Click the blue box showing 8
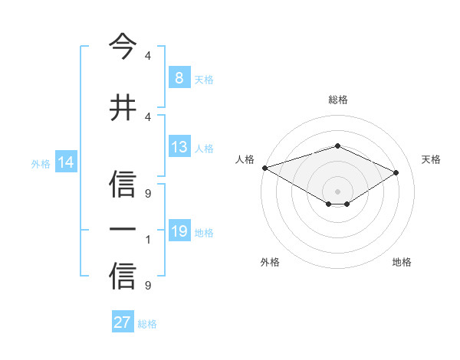tap(179, 78)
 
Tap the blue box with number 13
tap(179, 147)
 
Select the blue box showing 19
tap(179, 231)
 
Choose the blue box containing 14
tap(66, 162)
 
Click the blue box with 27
tap(123, 322)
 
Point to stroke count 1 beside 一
tap(148, 240)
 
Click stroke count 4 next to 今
tap(148, 56)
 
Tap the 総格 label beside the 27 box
tap(147, 324)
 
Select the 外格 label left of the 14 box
tap(41, 163)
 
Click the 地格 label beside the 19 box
tap(204, 232)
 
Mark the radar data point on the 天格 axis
tap(396, 172)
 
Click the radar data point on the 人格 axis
tap(264, 168)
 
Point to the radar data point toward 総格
tap(337, 146)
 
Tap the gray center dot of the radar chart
tap(337, 191)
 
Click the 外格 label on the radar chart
tap(270, 262)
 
